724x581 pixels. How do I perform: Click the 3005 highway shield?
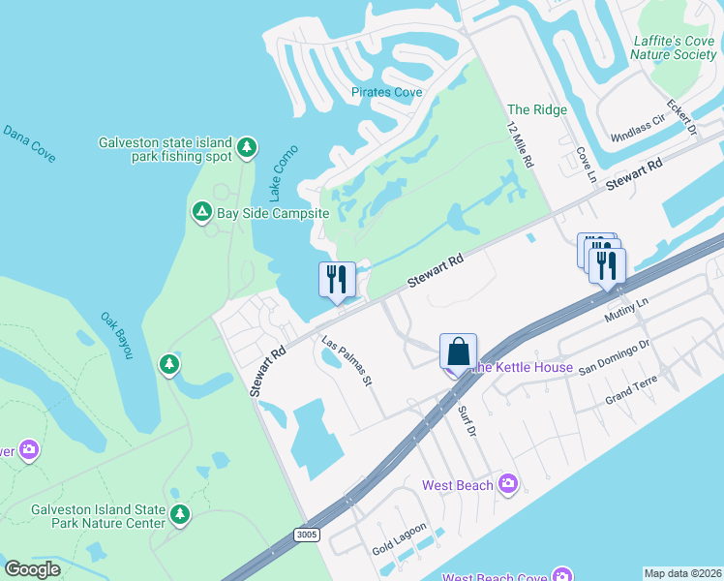(306, 535)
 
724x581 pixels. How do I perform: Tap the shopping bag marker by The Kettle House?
(458, 352)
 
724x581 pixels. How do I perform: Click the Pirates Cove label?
(387, 92)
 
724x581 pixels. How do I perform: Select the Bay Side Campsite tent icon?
(202, 211)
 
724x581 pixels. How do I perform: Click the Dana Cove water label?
(29, 142)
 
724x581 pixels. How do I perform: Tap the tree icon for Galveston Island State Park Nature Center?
(178, 513)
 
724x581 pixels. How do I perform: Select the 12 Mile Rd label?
(521, 146)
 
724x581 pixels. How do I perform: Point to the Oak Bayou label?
(117, 335)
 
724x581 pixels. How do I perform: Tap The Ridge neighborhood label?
(537, 109)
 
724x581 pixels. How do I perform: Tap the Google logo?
(33, 568)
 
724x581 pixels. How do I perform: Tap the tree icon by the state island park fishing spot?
(248, 146)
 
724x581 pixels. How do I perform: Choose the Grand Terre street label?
(631, 390)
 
